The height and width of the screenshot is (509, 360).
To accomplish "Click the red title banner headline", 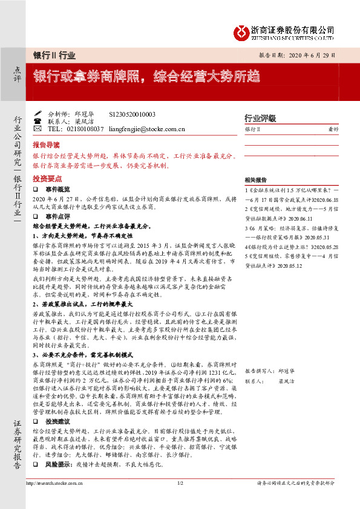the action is click(x=146, y=77).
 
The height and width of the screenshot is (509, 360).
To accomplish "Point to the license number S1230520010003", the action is click(x=132, y=114).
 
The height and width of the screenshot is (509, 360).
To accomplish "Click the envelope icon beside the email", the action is click(x=38, y=129).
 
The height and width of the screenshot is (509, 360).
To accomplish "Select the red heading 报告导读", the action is click(x=46, y=146).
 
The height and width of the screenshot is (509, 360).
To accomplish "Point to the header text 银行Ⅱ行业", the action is click(x=54, y=55).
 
